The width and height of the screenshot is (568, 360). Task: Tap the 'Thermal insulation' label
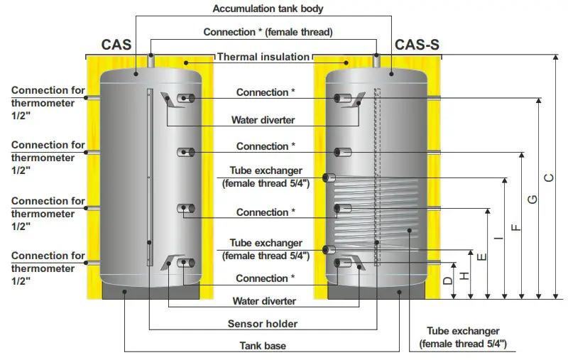263,57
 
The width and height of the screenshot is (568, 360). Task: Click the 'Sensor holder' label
263,324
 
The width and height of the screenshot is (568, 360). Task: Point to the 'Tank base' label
263,346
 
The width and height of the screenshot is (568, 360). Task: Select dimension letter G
532,200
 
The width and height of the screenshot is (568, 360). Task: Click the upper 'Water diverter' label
263,120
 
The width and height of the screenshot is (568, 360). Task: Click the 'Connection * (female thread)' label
268,32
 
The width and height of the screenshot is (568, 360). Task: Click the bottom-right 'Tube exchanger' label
463,337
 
